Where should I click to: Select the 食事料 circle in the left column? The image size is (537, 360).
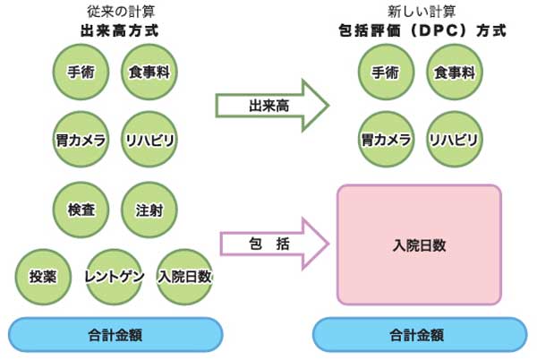pyautogui.click(x=149, y=72)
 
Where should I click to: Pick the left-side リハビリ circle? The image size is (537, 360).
pyautogui.click(x=149, y=140)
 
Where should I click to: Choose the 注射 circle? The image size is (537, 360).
pyautogui.click(x=149, y=210)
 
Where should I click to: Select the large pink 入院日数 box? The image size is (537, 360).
pyautogui.click(x=419, y=244)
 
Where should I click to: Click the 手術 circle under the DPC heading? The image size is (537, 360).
pyautogui.click(x=386, y=72)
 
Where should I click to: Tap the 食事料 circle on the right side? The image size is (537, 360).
pyautogui.click(x=454, y=72)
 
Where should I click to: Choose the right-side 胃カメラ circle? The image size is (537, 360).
pyautogui.click(x=386, y=140)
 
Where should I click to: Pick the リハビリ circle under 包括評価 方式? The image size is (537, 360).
pyautogui.click(x=454, y=140)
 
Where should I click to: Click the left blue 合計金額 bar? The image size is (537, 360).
pyautogui.click(x=115, y=335)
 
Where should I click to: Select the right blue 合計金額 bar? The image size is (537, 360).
pyautogui.click(x=419, y=335)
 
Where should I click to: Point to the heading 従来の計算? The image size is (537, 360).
pyautogui.click(x=114, y=11)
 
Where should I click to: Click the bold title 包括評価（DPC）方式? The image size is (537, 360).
pyautogui.click(x=417, y=30)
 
